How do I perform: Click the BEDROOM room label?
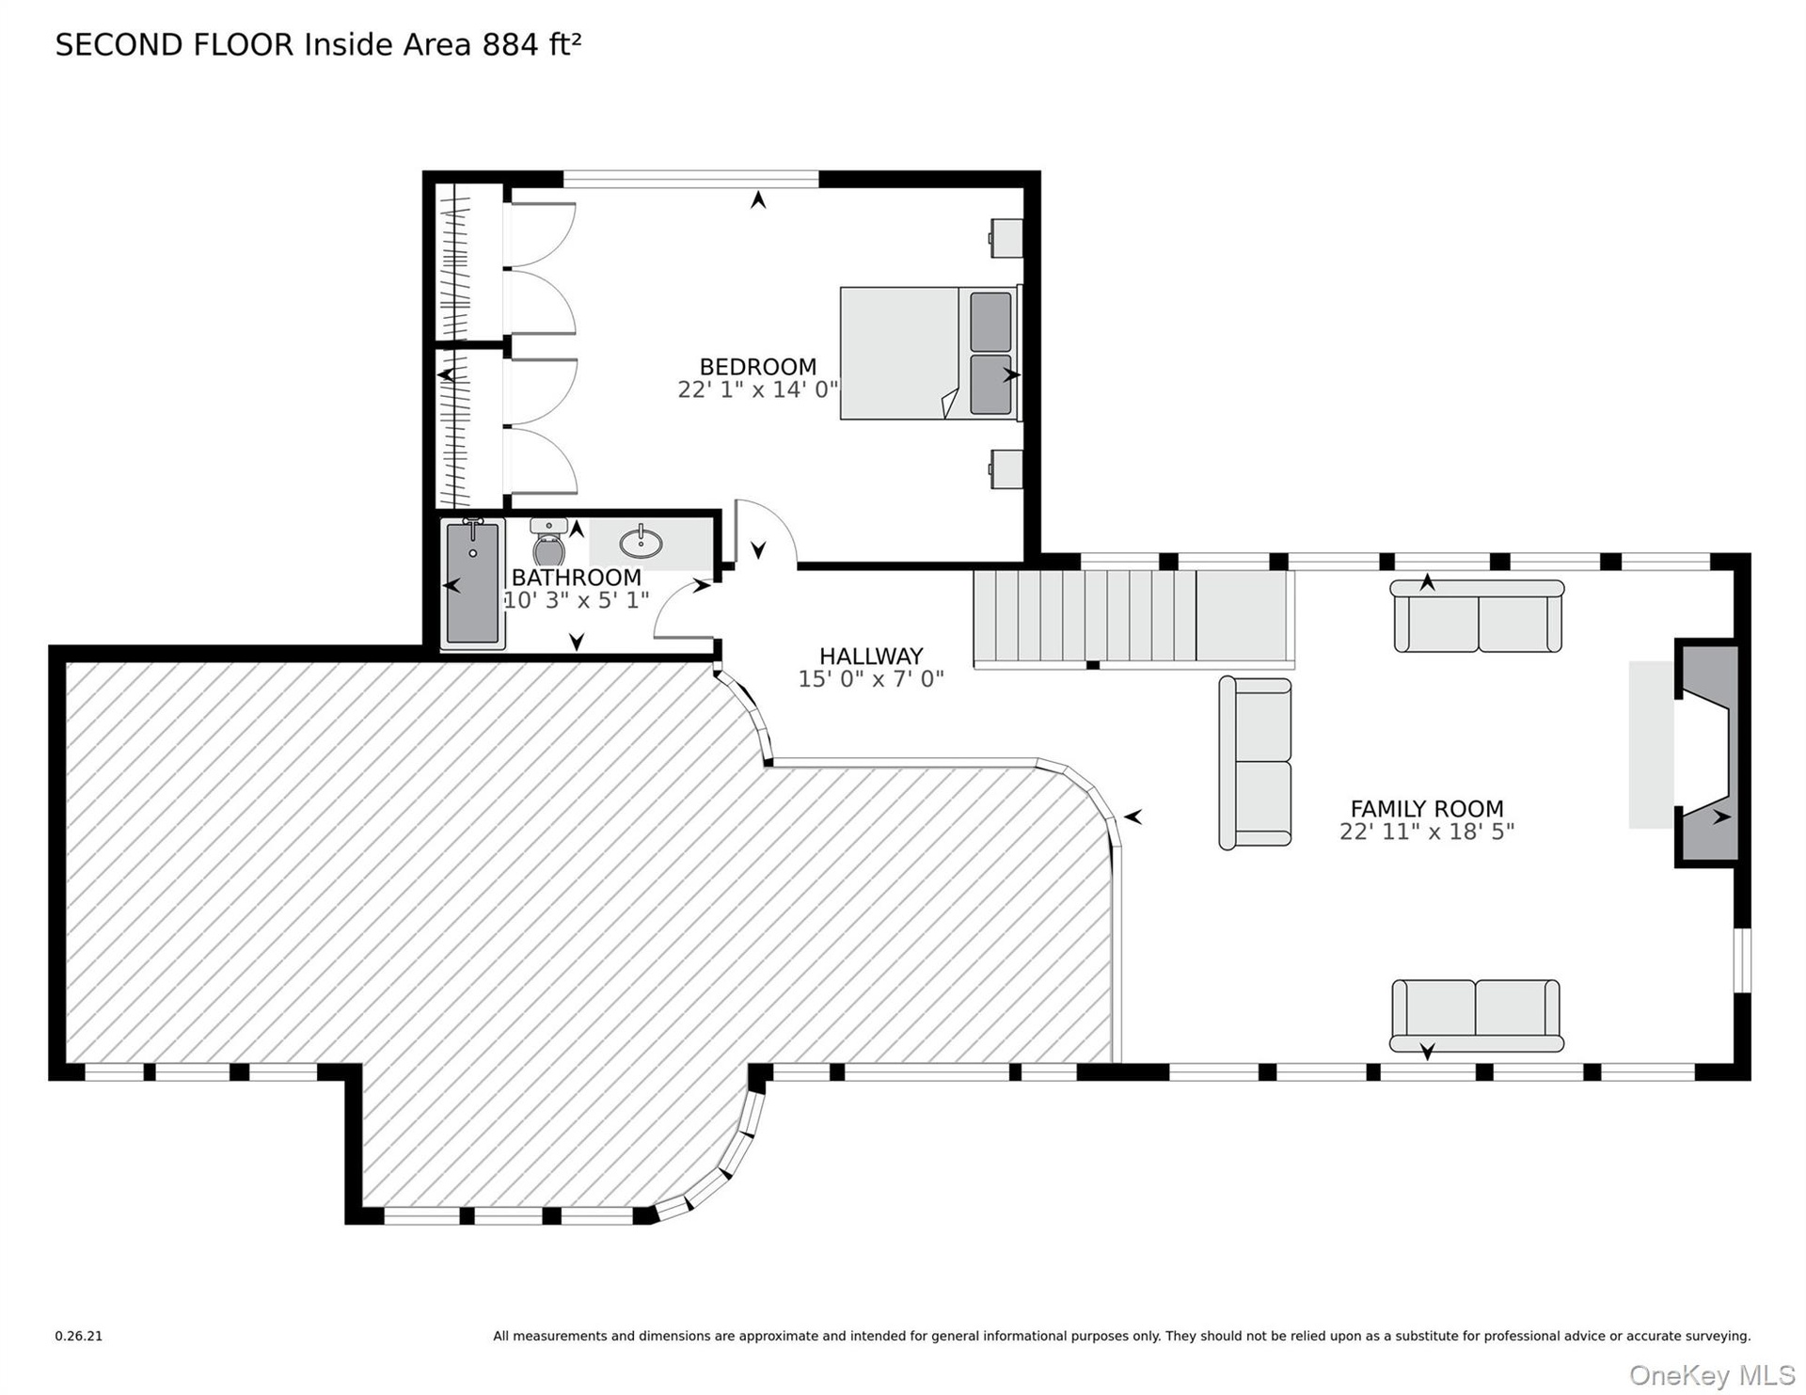click(x=757, y=367)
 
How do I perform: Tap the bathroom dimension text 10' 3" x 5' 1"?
click(x=576, y=600)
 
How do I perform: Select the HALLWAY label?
click(x=871, y=657)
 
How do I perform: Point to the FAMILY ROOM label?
click(x=1427, y=809)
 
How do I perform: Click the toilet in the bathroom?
click(x=548, y=543)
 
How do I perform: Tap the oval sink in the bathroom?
click(x=641, y=542)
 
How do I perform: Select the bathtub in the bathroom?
click(x=472, y=583)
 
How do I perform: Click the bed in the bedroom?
click(x=929, y=353)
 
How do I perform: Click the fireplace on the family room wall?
click(x=1704, y=752)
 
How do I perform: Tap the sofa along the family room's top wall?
click(x=1477, y=616)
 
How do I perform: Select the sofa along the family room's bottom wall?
click(x=1476, y=1016)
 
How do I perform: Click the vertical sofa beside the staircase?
click(x=1255, y=763)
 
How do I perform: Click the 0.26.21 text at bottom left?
click(x=78, y=1336)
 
